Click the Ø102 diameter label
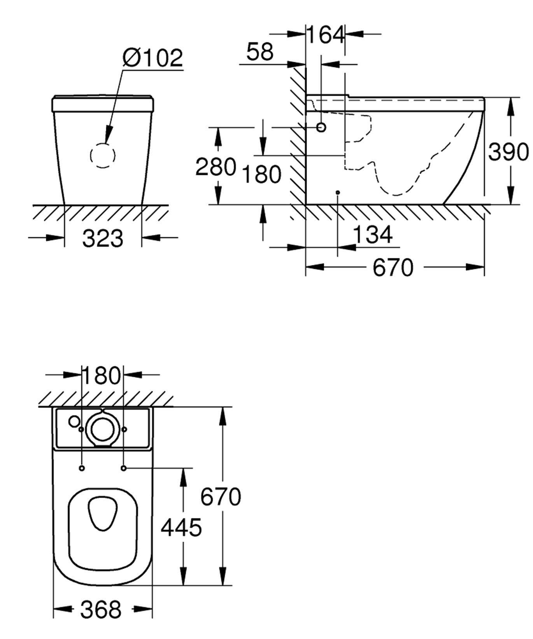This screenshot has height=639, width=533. (x=153, y=58)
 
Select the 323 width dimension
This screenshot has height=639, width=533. (x=103, y=238)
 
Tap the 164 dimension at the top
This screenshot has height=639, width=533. (x=326, y=35)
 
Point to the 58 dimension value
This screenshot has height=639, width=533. (x=260, y=51)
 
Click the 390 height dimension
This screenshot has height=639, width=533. (x=508, y=151)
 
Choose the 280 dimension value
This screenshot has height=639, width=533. (x=216, y=166)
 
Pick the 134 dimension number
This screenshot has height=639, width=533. (x=373, y=234)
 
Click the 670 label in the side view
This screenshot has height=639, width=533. (x=393, y=268)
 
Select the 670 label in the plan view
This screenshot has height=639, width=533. (x=221, y=496)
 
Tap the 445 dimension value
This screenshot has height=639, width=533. (x=181, y=527)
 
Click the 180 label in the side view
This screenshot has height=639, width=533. (x=261, y=174)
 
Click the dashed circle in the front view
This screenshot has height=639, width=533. (x=103, y=155)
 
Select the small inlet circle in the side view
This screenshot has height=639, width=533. (x=321, y=127)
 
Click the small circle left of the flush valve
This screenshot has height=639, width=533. (x=74, y=421)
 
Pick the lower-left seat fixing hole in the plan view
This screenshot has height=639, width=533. (x=82, y=468)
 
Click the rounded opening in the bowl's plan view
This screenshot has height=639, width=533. (x=103, y=513)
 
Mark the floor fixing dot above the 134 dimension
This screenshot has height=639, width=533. (x=338, y=192)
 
